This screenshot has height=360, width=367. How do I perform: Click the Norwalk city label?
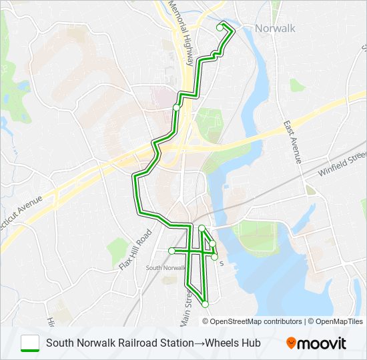tap(275, 28)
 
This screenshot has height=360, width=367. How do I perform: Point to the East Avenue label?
tap(292, 142)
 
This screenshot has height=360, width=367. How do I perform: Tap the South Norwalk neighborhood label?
tap(165, 267)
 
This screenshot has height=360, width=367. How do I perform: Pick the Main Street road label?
tap(188, 292)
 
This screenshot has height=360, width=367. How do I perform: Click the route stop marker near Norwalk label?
tap(220, 28)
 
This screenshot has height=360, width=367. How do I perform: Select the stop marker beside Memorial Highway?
tap(176, 107)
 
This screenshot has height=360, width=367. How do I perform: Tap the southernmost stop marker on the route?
tap(205, 304)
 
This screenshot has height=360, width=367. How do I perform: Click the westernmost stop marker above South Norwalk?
tap(171, 251)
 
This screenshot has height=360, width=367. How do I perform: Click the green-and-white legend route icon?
tap(30, 343)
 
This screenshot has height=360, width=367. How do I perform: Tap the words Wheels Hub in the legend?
tap(233, 343)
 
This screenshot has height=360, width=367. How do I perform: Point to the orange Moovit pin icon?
tap(292, 343)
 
